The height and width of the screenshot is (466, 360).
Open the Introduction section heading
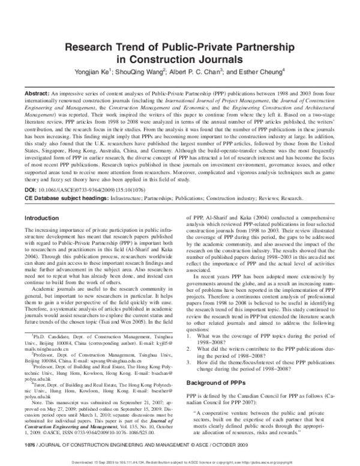43,202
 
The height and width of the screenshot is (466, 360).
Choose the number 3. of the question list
190,351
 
